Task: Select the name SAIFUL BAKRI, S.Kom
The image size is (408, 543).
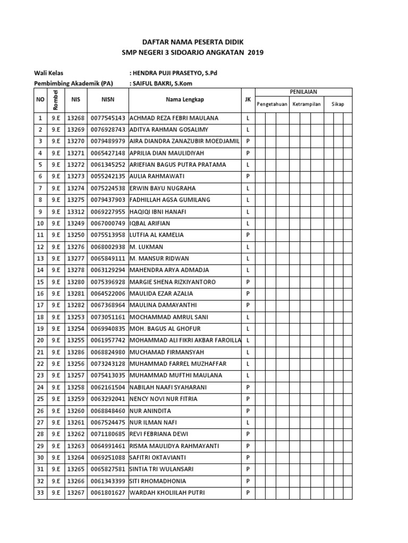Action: (168, 83)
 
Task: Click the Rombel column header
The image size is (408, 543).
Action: (55, 99)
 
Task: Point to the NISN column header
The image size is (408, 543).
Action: (108, 99)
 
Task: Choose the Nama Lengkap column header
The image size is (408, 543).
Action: (184, 99)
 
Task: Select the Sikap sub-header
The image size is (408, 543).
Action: (337, 104)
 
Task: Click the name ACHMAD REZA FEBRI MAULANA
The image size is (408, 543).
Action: (174, 118)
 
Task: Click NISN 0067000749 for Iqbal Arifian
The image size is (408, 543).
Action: (108, 223)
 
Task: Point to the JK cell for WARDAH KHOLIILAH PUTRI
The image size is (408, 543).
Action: (248, 493)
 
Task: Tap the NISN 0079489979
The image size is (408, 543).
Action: (108, 142)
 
